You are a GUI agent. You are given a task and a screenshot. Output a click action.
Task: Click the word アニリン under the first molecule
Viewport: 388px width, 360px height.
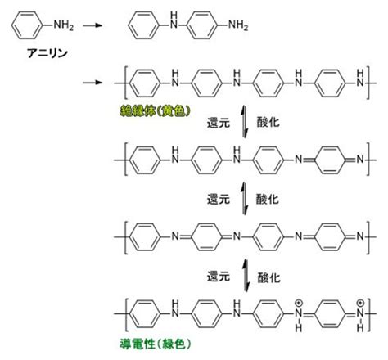click(47, 53)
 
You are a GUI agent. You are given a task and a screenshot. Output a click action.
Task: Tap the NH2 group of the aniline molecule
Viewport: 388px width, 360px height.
click(63, 25)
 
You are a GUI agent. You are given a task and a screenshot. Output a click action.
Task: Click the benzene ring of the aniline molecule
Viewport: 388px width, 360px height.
click(27, 25)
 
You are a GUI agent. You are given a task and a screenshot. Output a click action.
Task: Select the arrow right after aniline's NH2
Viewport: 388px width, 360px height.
click(92, 25)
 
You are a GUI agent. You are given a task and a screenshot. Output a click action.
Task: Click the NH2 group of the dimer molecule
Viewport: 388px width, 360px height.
click(238, 25)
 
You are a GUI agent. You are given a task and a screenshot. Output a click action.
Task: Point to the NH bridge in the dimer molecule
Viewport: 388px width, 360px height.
click(174, 20)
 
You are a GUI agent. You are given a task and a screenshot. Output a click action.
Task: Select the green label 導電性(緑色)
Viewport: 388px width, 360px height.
click(155, 344)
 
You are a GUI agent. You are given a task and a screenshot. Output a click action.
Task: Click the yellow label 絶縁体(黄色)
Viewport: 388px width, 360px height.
click(155, 111)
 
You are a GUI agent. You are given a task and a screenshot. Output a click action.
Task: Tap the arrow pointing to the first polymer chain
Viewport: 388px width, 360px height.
click(92, 83)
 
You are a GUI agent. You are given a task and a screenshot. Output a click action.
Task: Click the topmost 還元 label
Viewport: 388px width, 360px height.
click(219, 123)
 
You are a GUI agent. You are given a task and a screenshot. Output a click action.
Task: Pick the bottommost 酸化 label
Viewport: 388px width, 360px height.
click(268, 278)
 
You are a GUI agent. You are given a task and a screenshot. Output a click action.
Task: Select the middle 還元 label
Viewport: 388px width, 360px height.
click(219, 200)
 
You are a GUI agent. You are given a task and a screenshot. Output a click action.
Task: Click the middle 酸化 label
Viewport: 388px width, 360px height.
click(268, 200)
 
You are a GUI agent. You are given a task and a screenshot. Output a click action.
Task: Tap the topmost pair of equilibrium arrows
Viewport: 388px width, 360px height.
click(245, 122)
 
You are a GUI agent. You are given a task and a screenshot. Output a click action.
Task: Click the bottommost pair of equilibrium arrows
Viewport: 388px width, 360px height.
click(246, 276)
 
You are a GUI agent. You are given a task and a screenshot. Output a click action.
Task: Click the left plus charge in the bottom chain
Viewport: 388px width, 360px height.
click(299, 303)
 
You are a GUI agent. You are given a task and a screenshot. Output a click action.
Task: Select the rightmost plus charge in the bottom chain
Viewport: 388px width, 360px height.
click(360, 303)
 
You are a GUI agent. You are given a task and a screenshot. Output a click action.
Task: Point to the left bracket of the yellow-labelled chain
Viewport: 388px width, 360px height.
click(126, 83)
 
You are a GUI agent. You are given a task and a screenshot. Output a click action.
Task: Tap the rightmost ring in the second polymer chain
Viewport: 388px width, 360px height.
click(331, 160)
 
